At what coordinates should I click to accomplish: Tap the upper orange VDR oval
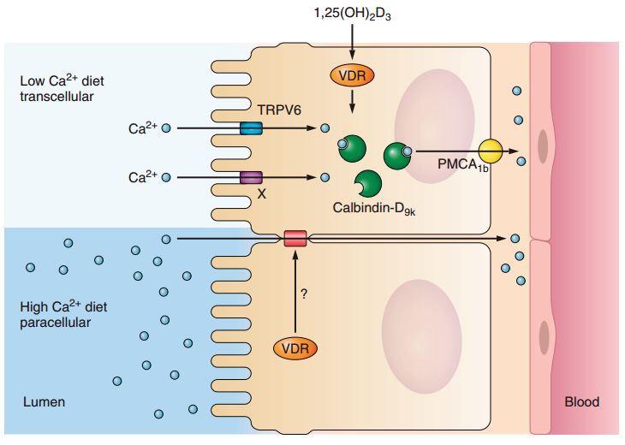pyautogui.click(x=352, y=74)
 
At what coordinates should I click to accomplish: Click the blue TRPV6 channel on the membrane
pyautogui.click(x=251, y=128)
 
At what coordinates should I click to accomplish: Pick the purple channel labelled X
pyautogui.click(x=251, y=177)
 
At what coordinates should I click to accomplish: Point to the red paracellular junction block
pyautogui.click(x=295, y=237)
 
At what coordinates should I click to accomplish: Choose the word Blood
pyautogui.click(x=582, y=401)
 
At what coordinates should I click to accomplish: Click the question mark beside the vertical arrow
pyautogui.click(x=304, y=294)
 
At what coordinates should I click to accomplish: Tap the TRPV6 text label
pyautogui.click(x=278, y=110)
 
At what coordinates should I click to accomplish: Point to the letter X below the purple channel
pyautogui.click(x=261, y=194)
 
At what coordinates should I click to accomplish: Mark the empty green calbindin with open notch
pyautogui.click(x=369, y=183)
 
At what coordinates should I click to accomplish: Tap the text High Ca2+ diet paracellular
pyautogui.click(x=63, y=314)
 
